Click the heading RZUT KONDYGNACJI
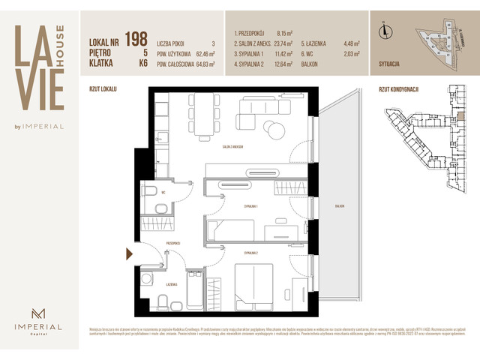398,89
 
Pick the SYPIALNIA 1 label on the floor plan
252,205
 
